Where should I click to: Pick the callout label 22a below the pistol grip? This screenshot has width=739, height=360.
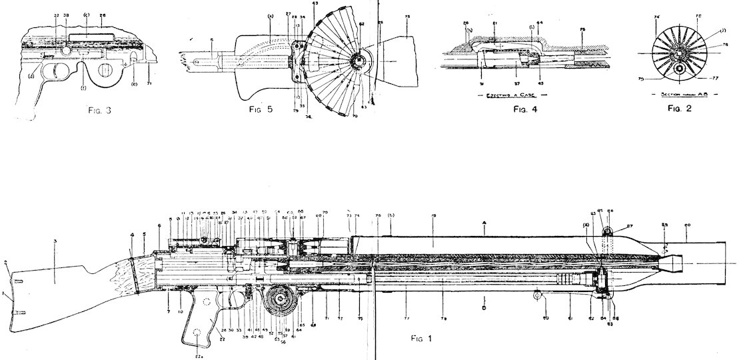pyautogui.click(x=199, y=357)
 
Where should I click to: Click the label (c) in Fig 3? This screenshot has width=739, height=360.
pyautogui.click(x=87, y=14)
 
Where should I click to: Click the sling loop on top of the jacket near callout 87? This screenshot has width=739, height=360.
pyautogui.click(x=608, y=231)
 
